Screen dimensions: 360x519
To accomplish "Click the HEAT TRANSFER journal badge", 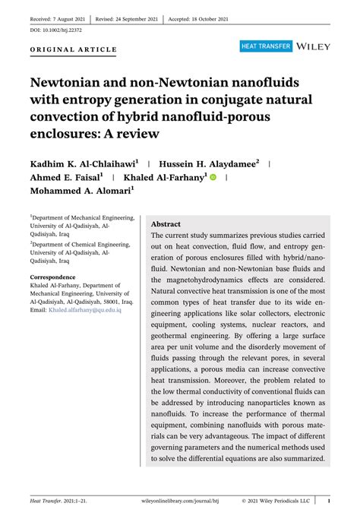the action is coord(265,46).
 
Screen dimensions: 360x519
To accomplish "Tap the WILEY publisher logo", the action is coord(314,46).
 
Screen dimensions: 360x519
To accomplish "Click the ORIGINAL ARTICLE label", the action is coord(74,50).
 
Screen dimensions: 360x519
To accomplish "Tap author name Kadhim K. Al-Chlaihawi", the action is coord(84,163).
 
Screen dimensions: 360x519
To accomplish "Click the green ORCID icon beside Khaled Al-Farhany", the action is coord(213,178).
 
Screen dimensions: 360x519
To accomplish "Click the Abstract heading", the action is coord(166,225).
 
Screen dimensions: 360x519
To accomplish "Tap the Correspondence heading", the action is coord(52,277).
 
